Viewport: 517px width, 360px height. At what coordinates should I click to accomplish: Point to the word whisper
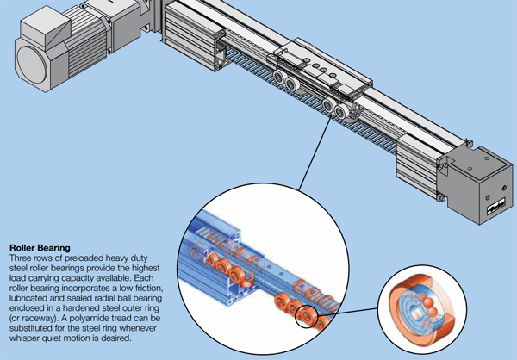tap(23, 338)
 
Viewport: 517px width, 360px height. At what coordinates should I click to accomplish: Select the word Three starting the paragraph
tap(18, 258)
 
